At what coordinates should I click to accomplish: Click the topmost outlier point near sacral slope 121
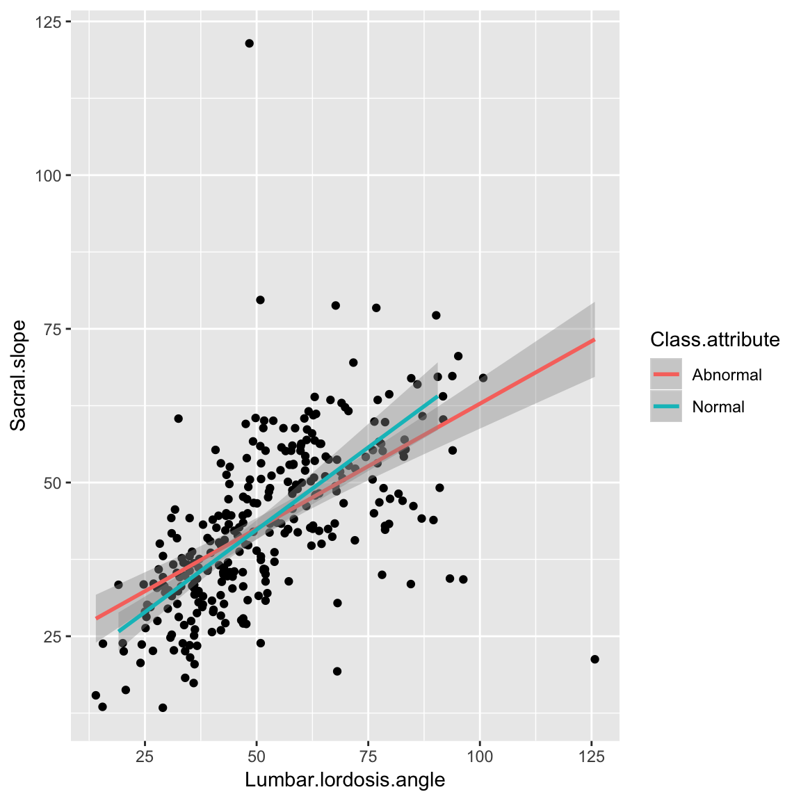(249, 44)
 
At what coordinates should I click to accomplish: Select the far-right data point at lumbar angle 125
(594, 659)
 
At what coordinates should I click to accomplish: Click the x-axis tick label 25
(145, 756)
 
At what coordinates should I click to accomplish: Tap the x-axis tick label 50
(257, 756)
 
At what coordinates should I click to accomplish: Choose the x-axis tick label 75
(368, 756)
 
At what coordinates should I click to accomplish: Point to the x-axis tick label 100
(480, 756)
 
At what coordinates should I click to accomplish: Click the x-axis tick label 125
(591, 756)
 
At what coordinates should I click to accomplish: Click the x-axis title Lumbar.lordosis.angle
(345, 780)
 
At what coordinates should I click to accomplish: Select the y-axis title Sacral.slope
(19, 375)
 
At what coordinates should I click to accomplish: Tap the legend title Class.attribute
(715, 339)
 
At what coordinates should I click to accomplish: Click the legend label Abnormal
(727, 375)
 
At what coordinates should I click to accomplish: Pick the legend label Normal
(718, 407)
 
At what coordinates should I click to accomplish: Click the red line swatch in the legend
(666, 375)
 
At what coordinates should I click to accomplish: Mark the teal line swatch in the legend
(666, 407)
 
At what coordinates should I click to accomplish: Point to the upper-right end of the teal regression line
(437, 396)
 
